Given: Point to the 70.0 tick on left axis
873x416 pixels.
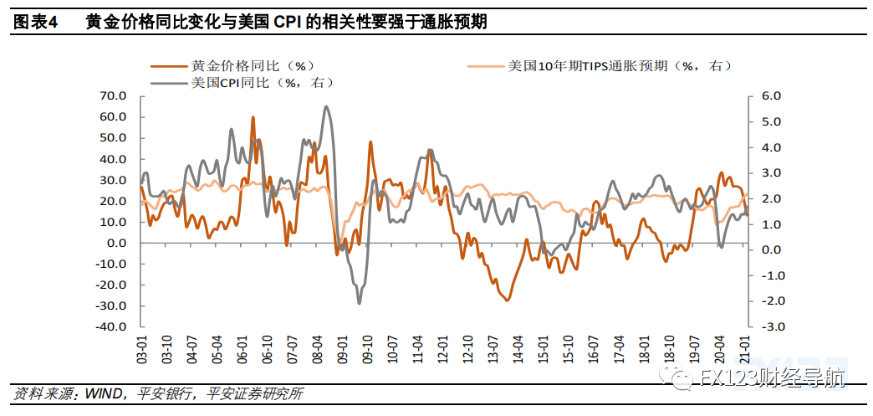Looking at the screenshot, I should click(112, 96).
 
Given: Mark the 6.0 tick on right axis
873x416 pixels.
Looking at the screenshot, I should click(770, 96).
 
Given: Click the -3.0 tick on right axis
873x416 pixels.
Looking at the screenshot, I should click(768, 326).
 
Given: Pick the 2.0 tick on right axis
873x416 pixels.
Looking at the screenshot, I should click(770, 198).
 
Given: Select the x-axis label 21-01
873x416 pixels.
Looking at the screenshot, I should click(744, 348).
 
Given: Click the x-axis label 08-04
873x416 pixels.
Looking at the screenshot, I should click(317, 348).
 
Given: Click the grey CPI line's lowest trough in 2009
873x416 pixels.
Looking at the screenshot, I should click(360, 302).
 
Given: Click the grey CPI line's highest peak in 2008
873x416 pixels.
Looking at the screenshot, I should click(326, 106).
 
